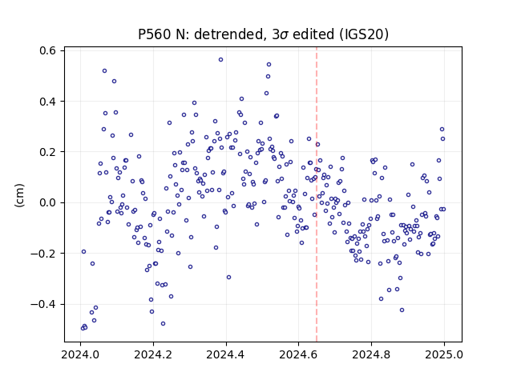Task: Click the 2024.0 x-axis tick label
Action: (80, 354)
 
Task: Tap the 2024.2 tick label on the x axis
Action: (153, 354)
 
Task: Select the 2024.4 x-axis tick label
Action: (226, 354)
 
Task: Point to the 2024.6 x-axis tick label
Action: (298, 354)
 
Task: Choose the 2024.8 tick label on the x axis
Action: (371, 354)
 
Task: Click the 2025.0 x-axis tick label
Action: (444, 354)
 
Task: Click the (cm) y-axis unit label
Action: (19, 195)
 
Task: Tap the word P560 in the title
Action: (155, 34)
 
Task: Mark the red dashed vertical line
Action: (317, 194)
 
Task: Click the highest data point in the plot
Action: (221, 60)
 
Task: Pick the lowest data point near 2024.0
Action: (83, 328)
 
